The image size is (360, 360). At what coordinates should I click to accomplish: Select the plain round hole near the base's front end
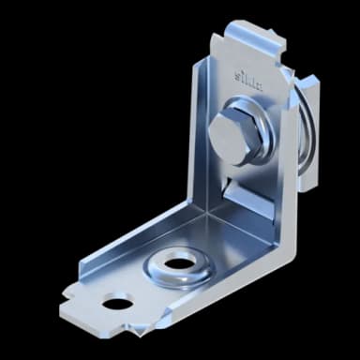[117, 302]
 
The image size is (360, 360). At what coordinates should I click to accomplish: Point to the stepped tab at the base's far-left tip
[70, 307]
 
